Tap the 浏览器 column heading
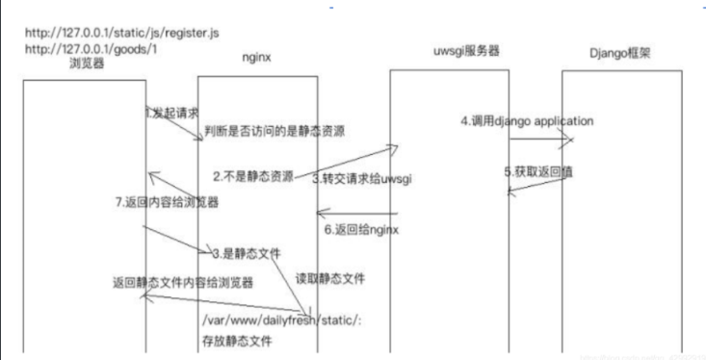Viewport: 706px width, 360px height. point(88,64)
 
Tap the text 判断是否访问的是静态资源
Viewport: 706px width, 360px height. point(275,130)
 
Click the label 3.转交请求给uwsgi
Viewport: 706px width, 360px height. point(362,178)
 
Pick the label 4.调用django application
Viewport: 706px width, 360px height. point(526,121)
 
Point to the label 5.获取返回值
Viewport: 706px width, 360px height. point(536,171)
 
